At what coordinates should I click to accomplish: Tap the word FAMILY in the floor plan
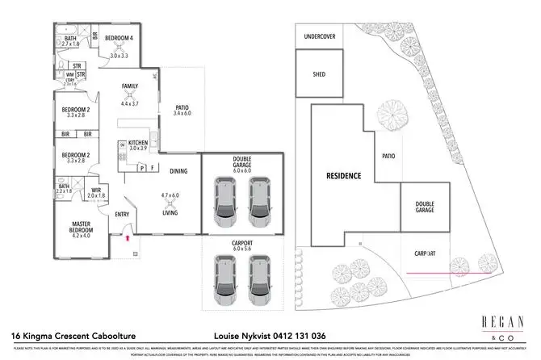pyautogui.click(x=130, y=86)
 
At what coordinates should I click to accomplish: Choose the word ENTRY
pyautogui.click(x=123, y=214)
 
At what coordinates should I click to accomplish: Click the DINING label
pyautogui.click(x=179, y=170)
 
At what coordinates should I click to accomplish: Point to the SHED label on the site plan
pyautogui.click(x=317, y=74)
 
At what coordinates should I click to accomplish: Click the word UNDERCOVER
pyautogui.click(x=319, y=37)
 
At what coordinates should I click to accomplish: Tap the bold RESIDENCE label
pyautogui.click(x=342, y=175)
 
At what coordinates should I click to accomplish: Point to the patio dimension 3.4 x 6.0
pyautogui.click(x=182, y=114)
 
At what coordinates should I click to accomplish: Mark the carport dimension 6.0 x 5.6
pyautogui.click(x=242, y=249)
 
